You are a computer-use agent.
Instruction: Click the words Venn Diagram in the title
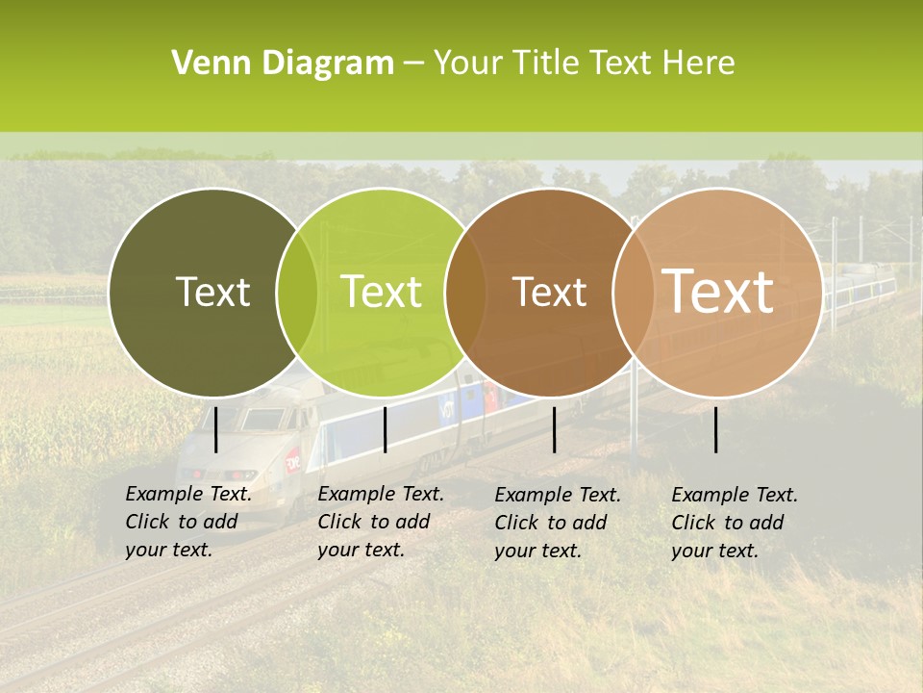point(282,64)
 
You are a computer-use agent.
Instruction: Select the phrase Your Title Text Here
point(584,64)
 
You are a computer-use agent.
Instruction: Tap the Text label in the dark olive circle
point(212,292)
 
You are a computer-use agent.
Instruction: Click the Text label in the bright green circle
point(381,292)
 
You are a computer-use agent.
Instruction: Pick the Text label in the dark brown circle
point(549,292)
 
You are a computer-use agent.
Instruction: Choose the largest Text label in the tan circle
point(717,292)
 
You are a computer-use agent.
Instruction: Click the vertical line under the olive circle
point(215,429)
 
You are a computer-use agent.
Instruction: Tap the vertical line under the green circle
point(385,429)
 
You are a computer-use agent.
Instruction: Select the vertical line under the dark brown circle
point(554,429)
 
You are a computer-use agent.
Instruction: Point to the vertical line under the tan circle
point(715,429)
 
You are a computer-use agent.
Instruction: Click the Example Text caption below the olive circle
point(187,522)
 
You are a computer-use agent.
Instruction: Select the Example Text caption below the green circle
point(380,522)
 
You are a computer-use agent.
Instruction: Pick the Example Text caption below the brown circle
point(557,523)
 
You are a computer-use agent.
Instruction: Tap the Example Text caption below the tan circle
point(734,523)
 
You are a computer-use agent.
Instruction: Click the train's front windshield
point(261,420)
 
